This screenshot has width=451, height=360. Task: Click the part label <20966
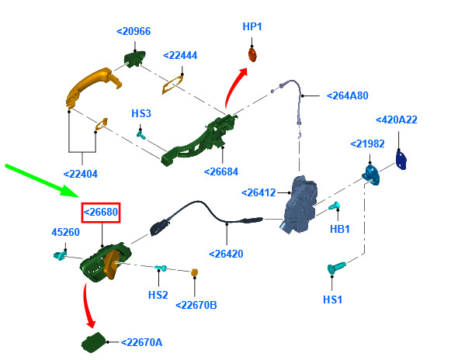pos(134,31)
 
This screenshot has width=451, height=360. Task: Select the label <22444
pos(180,55)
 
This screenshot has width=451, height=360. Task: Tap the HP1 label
pos(252,26)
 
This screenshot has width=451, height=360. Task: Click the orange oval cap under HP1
pos(252,55)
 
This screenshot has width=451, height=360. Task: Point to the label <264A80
pos(348,95)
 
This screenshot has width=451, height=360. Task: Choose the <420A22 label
pos(397,119)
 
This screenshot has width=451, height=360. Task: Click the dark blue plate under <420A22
pos(401,160)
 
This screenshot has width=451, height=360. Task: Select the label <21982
pos(368,144)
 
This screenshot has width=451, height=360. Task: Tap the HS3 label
pos(141,113)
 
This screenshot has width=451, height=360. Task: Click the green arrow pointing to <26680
pos(42,181)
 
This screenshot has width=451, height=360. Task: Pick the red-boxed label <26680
pos(101,213)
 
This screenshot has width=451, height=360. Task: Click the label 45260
pos(65,232)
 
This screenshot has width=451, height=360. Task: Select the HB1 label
pos(340,229)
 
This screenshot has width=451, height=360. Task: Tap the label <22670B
pos(196,305)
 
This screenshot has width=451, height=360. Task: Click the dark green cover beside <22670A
pos(93,342)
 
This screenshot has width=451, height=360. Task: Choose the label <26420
pos(226,254)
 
